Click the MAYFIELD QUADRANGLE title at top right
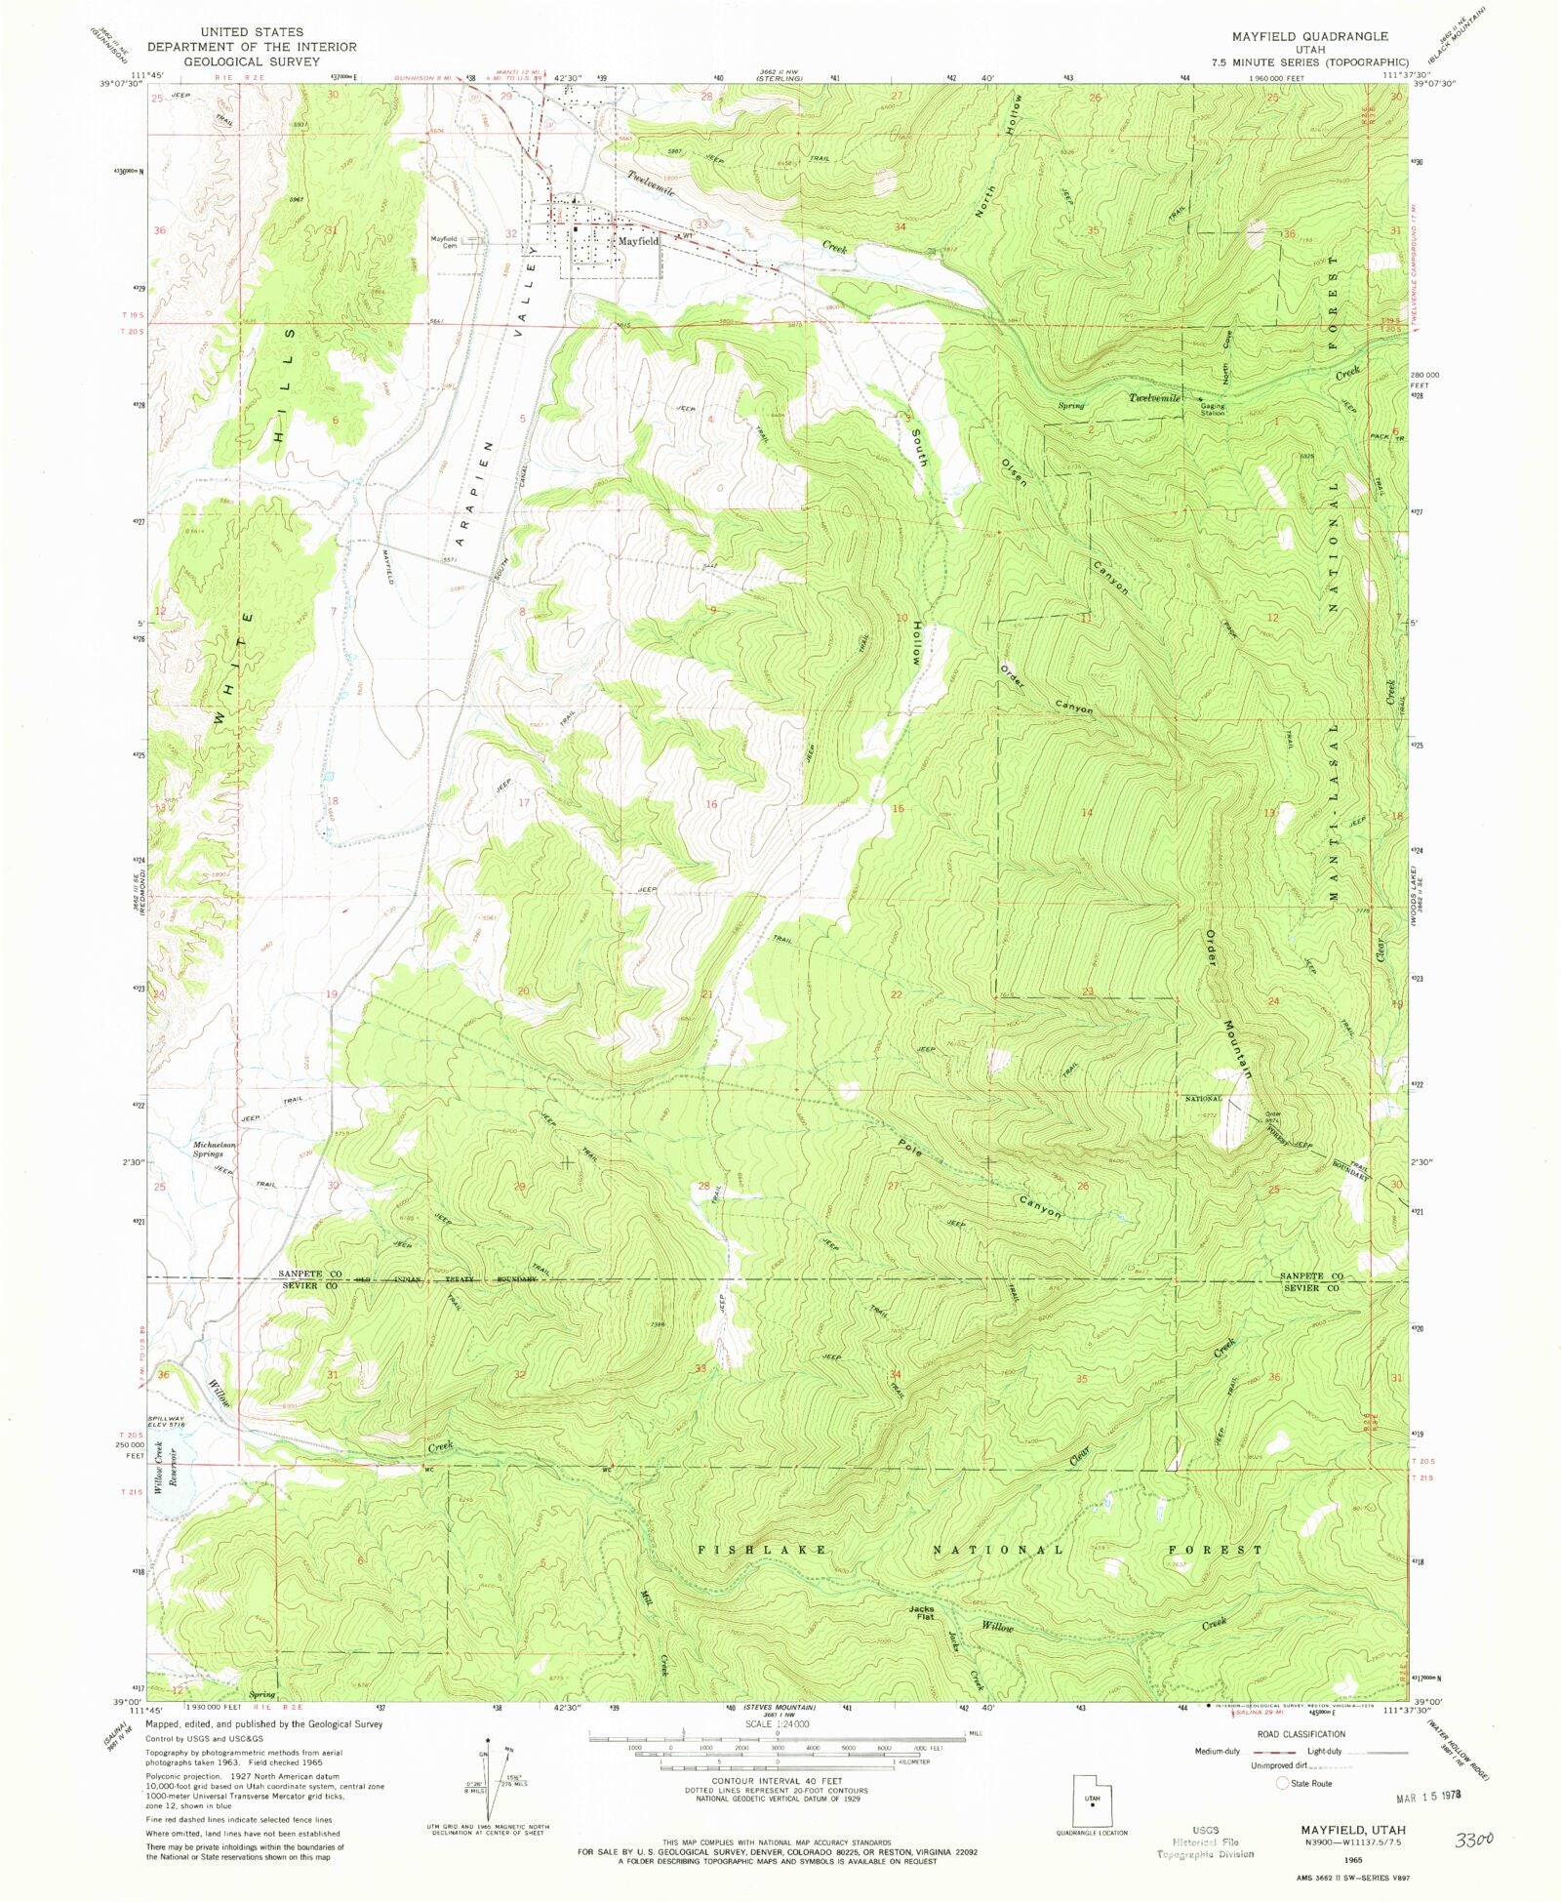pos(1308,36)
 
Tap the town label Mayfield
pos(638,240)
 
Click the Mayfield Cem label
pos(444,242)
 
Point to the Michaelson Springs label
pos(215,1149)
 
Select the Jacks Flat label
pos(921,1613)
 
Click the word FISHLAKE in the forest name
pos(763,1549)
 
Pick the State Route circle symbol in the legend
pos(1282,1783)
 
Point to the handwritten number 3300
pos(1474,1841)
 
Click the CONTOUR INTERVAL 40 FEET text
pos(777,1782)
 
